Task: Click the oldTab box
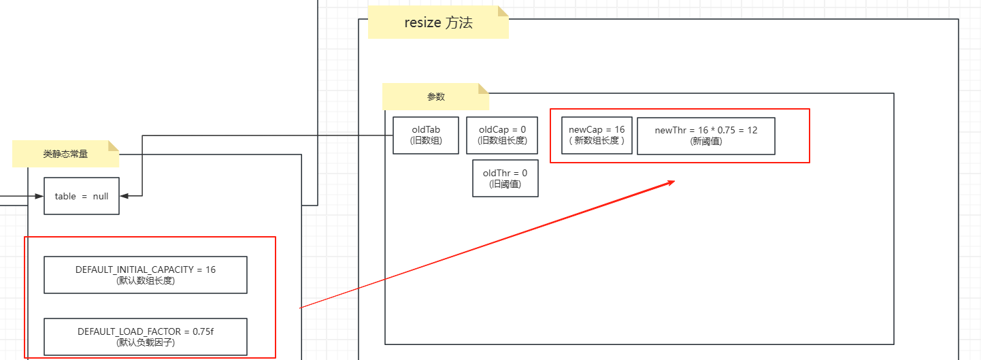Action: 426,135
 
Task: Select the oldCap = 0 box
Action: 501,135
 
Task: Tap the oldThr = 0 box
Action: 505,178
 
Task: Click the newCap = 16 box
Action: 597,135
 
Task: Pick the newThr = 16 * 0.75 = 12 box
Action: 705,136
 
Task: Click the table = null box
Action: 81,196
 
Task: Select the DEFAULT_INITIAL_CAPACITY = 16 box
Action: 145,275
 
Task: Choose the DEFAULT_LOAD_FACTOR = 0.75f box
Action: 145,336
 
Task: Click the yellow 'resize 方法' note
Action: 437,22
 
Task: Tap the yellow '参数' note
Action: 435,97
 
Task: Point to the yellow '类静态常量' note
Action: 65,154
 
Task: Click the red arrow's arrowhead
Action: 670,182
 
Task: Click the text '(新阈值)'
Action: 705,142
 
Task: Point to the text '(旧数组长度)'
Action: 501,141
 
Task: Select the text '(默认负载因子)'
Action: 145,342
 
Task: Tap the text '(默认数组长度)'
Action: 145,280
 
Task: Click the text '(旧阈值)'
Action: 505,184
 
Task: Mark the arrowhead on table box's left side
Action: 39,196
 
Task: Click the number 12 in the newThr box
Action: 752,130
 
